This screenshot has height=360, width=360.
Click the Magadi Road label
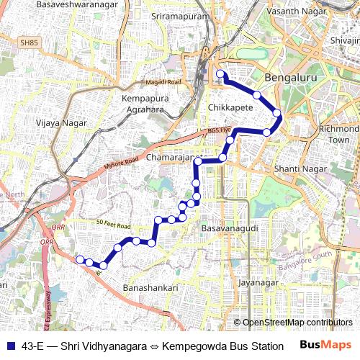pos(163,83)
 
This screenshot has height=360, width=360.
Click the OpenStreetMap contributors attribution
pos(297,323)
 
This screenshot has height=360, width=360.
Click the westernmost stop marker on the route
pos(80,259)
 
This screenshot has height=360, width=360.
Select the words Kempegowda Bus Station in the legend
pos(224,346)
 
